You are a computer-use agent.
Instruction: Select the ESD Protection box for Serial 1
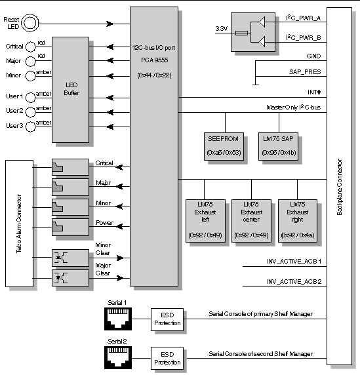click(x=167, y=319)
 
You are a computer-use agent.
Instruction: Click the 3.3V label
click(x=222, y=29)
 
